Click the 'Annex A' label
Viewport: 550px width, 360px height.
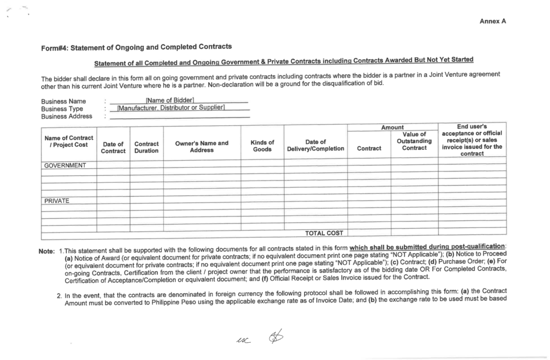point(493,21)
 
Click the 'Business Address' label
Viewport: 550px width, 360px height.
point(67,116)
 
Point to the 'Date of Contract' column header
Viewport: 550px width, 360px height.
point(113,147)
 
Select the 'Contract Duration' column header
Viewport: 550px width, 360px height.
point(146,147)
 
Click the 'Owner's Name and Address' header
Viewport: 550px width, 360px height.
point(202,146)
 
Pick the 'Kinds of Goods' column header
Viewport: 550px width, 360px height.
point(262,146)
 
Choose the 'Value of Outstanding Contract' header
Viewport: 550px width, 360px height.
point(414,141)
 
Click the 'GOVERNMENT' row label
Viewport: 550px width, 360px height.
point(65,165)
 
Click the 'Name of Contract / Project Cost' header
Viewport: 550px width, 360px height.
point(69,141)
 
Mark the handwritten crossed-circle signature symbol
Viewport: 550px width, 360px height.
point(277,337)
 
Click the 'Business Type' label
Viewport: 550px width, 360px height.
point(62,109)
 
